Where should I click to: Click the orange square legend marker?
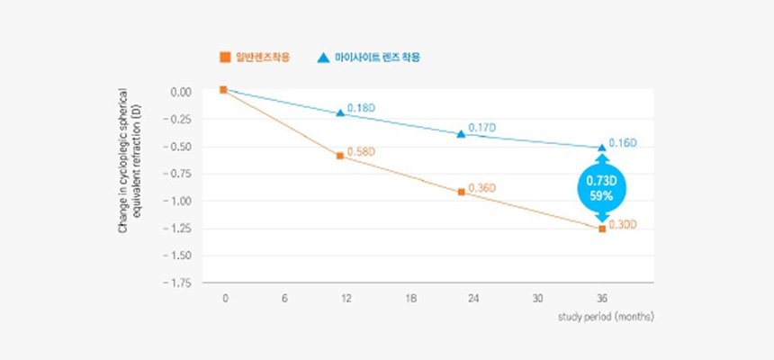tap(224, 57)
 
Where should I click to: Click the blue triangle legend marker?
tap(322, 57)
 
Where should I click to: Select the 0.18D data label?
tap(360, 108)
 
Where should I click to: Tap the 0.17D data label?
tap(481, 128)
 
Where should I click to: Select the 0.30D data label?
tap(623, 224)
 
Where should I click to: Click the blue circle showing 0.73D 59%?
tap(601, 187)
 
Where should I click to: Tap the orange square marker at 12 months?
tap(340, 156)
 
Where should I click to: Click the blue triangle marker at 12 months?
tap(340, 112)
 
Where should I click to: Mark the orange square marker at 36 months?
tap(602, 229)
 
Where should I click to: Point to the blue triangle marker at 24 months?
tap(461, 133)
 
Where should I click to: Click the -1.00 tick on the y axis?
tap(179, 201)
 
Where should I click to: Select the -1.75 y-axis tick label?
tap(179, 283)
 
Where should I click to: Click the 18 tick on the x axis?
tap(410, 299)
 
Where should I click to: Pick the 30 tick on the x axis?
tap(537, 299)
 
